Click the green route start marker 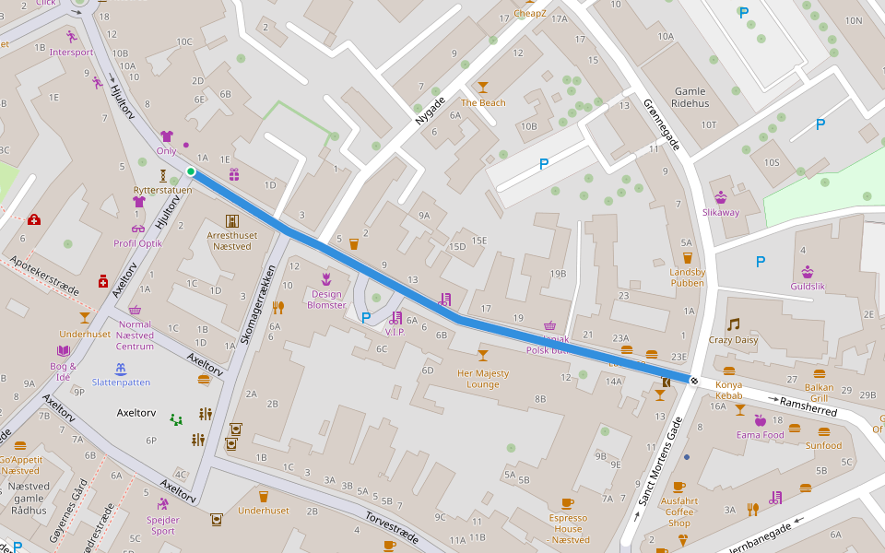coord(191,171)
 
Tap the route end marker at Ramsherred coord(693,380)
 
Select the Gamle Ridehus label coord(690,98)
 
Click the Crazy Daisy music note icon coord(733,324)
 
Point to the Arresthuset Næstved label coord(232,241)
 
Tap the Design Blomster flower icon coord(325,277)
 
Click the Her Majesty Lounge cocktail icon coord(482,355)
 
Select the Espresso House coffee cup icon coord(567,503)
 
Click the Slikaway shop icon coord(721,197)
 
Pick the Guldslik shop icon coord(808,271)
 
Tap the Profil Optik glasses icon coord(138,229)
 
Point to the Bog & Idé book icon coord(63,351)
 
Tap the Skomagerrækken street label coord(258,307)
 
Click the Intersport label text coord(72,53)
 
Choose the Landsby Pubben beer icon coord(687,257)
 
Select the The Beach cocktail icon coord(483,88)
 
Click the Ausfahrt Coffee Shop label coord(679,512)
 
